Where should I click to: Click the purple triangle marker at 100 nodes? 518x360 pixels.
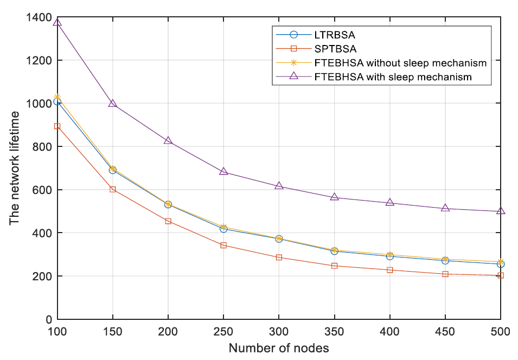click(57, 22)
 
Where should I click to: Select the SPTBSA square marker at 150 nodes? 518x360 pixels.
click(113, 189)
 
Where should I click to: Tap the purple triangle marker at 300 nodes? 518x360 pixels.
click(279, 185)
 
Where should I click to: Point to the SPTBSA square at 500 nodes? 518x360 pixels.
click(500, 275)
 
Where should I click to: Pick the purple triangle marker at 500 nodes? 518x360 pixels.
click(500, 211)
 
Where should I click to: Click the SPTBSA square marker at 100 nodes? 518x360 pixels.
click(57, 126)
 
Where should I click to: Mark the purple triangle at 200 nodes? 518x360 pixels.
click(168, 140)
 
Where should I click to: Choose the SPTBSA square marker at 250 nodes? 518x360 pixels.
click(223, 245)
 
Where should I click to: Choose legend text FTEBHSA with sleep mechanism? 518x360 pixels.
click(393, 77)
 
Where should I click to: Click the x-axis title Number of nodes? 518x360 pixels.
click(279, 348)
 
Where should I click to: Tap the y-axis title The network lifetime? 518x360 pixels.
click(16, 168)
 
